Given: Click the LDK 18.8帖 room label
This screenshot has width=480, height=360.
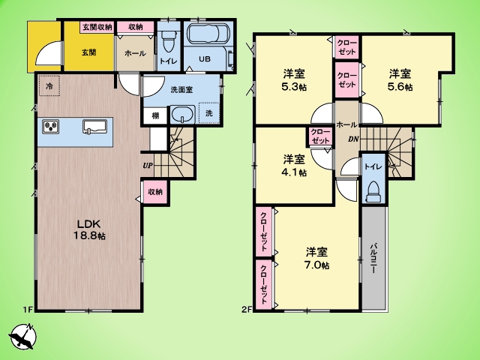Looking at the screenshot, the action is pyautogui.click(x=88, y=229).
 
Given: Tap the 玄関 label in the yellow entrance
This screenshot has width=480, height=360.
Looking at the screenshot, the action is pyautogui.click(x=89, y=52).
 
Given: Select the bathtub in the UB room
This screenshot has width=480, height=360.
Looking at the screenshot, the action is pyautogui.click(x=207, y=34).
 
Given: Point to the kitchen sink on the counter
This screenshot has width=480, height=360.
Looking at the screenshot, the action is pyautogui.click(x=95, y=127).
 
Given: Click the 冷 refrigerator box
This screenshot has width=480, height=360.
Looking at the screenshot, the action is pyautogui.click(x=49, y=86).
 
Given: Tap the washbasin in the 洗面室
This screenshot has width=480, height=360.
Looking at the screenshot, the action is pyautogui.click(x=182, y=115).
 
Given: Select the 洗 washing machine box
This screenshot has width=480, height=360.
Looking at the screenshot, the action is pyautogui.click(x=209, y=113).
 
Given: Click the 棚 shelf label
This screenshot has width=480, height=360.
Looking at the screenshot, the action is pyautogui.click(x=155, y=115).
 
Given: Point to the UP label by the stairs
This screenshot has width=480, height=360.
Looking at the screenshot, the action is pyautogui.click(x=148, y=166).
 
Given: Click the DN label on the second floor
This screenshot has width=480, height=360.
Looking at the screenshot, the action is pyautogui.click(x=353, y=139).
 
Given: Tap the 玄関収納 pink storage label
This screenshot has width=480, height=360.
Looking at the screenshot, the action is pyautogui.click(x=97, y=27).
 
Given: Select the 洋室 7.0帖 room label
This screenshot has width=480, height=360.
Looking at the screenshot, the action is pyautogui.click(x=316, y=259).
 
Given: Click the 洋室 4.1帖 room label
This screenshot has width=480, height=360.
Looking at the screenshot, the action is pyautogui.click(x=294, y=166).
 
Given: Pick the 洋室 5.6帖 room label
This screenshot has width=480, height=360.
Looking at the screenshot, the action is pyautogui.click(x=400, y=80).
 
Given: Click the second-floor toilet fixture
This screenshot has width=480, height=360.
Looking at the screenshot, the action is pyautogui.click(x=373, y=192).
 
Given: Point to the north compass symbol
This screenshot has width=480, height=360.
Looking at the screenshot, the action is pyautogui.click(x=23, y=336).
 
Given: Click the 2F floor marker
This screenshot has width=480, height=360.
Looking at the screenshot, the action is pyautogui.click(x=247, y=310).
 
